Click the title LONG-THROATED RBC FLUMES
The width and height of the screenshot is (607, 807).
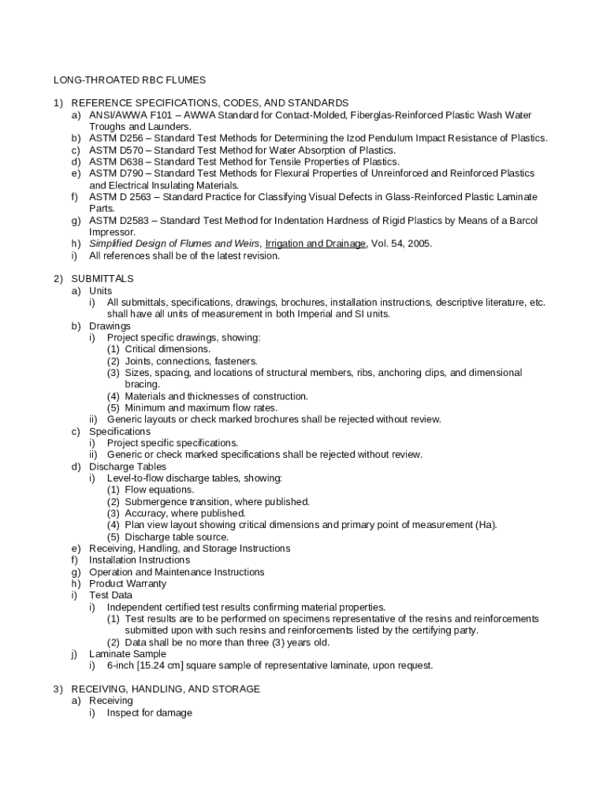pos(129,80)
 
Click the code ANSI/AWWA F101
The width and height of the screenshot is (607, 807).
pos(125,115)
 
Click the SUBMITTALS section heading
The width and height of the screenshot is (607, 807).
pos(102,279)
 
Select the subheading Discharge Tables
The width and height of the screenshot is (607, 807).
pos(127,467)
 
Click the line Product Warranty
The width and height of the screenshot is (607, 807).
pos(128,583)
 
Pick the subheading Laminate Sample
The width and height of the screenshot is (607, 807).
pos(128,654)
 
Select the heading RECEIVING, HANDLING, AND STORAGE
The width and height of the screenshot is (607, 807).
pos(166,689)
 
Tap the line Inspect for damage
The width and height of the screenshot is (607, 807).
pos(150,712)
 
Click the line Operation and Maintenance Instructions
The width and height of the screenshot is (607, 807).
pos(177,572)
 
